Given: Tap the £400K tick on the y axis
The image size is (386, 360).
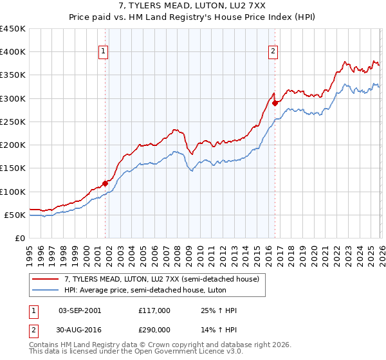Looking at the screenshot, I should (12, 52).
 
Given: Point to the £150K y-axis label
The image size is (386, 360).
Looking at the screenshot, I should (12, 168).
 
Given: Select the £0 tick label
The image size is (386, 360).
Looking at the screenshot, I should (19, 239).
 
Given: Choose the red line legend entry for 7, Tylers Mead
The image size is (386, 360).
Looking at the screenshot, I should (161, 279).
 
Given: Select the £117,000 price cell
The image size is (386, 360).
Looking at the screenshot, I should (154, 310).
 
